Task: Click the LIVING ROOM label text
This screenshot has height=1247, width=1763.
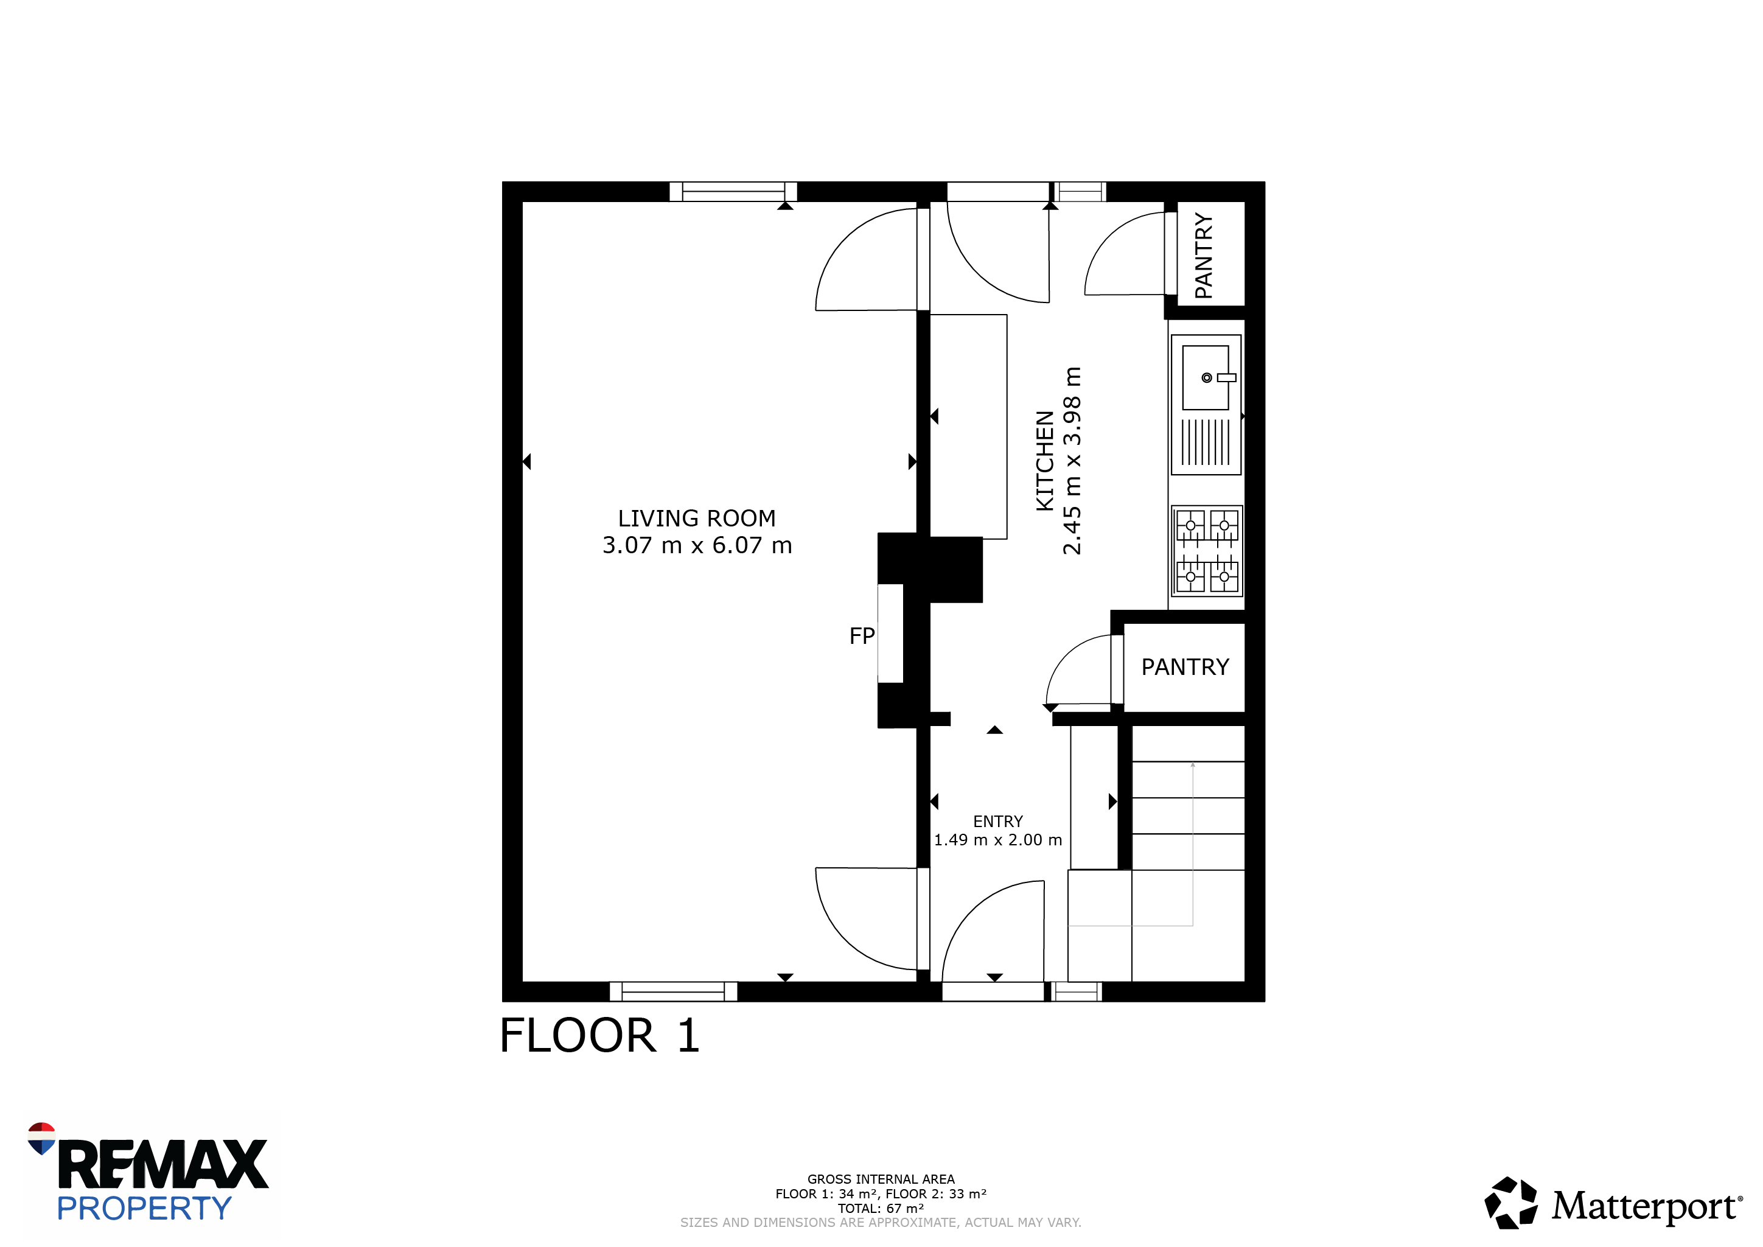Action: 696,519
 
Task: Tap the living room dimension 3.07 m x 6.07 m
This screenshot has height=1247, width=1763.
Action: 696,545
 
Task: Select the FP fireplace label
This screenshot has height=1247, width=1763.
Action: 862,636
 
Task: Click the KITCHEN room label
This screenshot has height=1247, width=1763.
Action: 1045,461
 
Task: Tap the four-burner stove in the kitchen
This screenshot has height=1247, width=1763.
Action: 1207,551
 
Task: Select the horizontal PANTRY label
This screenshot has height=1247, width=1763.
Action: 1185,666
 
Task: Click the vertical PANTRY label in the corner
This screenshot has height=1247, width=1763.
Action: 1204,256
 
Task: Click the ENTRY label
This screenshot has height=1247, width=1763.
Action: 997,822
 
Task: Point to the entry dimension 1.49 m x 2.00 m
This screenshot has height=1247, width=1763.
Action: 997,840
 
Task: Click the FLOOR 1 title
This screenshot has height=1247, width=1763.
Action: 599,1035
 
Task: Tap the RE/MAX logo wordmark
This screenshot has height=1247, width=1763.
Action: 162,1164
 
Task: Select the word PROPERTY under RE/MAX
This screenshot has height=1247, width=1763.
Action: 144,1209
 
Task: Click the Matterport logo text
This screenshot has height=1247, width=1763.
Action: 1646,1206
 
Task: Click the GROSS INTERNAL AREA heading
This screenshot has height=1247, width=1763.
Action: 881,1179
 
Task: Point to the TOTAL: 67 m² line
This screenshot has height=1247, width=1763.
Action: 881,1208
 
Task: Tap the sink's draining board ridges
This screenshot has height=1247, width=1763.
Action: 1206,442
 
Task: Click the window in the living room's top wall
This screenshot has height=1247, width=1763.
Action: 733,192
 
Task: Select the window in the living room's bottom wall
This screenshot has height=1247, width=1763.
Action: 674,991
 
